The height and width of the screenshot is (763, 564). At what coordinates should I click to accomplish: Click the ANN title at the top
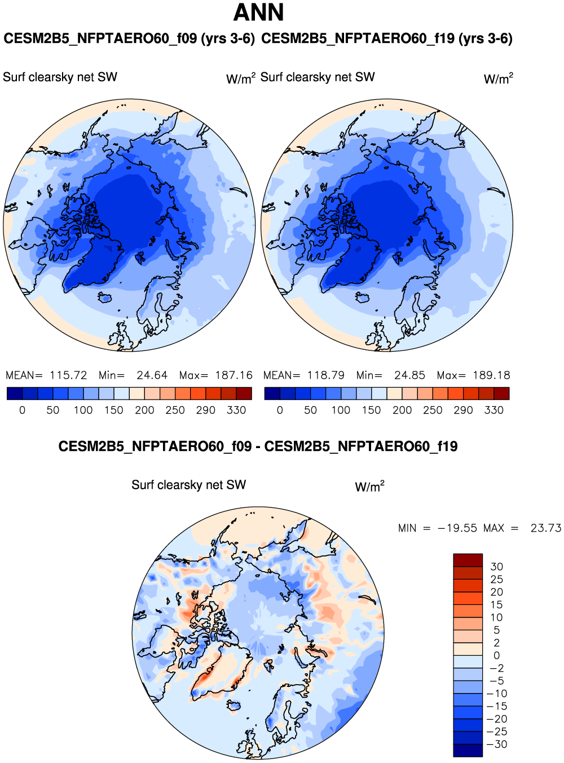pos(259,12)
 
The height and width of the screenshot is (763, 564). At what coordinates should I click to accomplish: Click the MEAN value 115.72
pos(68,375)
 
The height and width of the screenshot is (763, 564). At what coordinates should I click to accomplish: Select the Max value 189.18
pos(491,375)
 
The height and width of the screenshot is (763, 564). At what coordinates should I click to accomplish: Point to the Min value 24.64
pos(152,375)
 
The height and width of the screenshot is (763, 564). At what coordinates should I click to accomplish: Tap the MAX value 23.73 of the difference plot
pos(545,528)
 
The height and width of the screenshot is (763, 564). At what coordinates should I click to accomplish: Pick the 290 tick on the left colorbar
pos(205,410)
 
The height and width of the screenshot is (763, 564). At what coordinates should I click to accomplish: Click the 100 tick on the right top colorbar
pos(341,410)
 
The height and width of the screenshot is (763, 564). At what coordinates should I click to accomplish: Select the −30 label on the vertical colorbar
pos(496,744)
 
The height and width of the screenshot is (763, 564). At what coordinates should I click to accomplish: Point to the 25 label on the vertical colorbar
pos(496,580)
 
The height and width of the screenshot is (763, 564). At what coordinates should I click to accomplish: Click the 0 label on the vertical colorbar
pos(496,656)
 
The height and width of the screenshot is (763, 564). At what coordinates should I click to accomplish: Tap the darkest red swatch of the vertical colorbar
pos(468,560)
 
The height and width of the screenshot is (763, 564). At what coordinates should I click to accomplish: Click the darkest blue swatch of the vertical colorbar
pos(468,751)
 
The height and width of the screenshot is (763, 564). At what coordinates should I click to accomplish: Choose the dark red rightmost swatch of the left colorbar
pos(244,393)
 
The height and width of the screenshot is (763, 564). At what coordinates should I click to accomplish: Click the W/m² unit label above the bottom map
pos(369,486)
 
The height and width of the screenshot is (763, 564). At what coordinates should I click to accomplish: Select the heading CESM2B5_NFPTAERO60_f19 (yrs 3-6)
pos(387,39)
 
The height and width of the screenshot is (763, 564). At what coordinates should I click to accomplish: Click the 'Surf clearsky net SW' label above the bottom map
pos(189,485)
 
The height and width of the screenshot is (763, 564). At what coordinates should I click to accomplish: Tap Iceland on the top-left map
pos(104,297)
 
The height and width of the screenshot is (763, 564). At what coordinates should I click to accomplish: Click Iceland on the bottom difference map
pos(233,705)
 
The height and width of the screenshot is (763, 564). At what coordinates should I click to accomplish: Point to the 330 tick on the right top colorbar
pos(493,410)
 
